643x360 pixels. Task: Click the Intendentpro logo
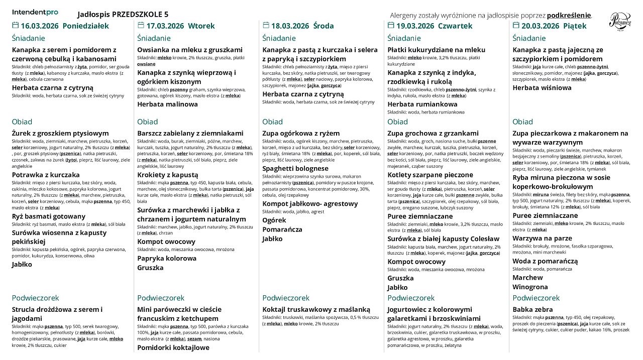[x=35, y=12]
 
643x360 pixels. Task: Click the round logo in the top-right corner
[x=620, y=22]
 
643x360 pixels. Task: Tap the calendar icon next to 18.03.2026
[x=266, y=26]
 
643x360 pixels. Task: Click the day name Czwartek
[x=455, y=26]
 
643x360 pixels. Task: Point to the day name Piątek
[x=575, y=26]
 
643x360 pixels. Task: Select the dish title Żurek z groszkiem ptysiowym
[x=60, y=134]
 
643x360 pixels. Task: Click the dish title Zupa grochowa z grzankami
[x=433, y=134]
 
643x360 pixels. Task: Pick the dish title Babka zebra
[x=532, y=310]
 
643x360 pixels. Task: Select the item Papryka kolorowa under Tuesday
[x=167, y=258]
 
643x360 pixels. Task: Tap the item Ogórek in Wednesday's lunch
[x=274, y=220]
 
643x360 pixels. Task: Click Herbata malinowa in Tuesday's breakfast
[x=168, y=104]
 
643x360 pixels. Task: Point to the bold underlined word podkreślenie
[x=569, y=16]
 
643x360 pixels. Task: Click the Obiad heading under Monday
[x=22, y=122]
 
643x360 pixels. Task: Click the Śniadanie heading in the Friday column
[x=529, y=39]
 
